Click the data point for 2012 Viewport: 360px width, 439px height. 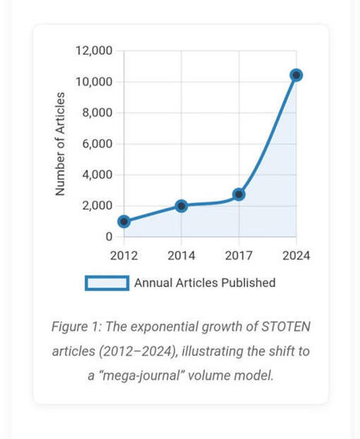[x=123, y=221]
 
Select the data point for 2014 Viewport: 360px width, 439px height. [x=181, y=206]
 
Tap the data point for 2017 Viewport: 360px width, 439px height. [x=239, y=194]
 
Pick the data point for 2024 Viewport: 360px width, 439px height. [x=296, y=75]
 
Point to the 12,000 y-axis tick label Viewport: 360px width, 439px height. [x=94, y=51]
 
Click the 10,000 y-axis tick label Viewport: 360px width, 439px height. [x=94, y=82]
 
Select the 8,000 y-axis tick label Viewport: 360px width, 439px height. [x=97, y=113]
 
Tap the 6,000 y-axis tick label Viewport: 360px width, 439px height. [x=97, y=144]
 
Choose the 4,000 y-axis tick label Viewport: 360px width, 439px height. [x=97, y=174]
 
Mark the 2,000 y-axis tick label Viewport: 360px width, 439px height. [x=97, y=205]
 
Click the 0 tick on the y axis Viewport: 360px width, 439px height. [x=109, y=236]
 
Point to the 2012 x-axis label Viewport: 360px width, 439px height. [x=123, y=255]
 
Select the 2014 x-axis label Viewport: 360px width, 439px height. [x=181, y=255]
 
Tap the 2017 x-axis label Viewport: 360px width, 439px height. [x=239, y=255]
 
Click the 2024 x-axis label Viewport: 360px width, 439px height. [x=296, y=255]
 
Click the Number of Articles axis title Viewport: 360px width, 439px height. [x=60, y=144]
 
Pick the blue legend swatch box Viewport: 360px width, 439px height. [x=107, y=283]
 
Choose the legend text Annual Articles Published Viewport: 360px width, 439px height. [x=204, y=283]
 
